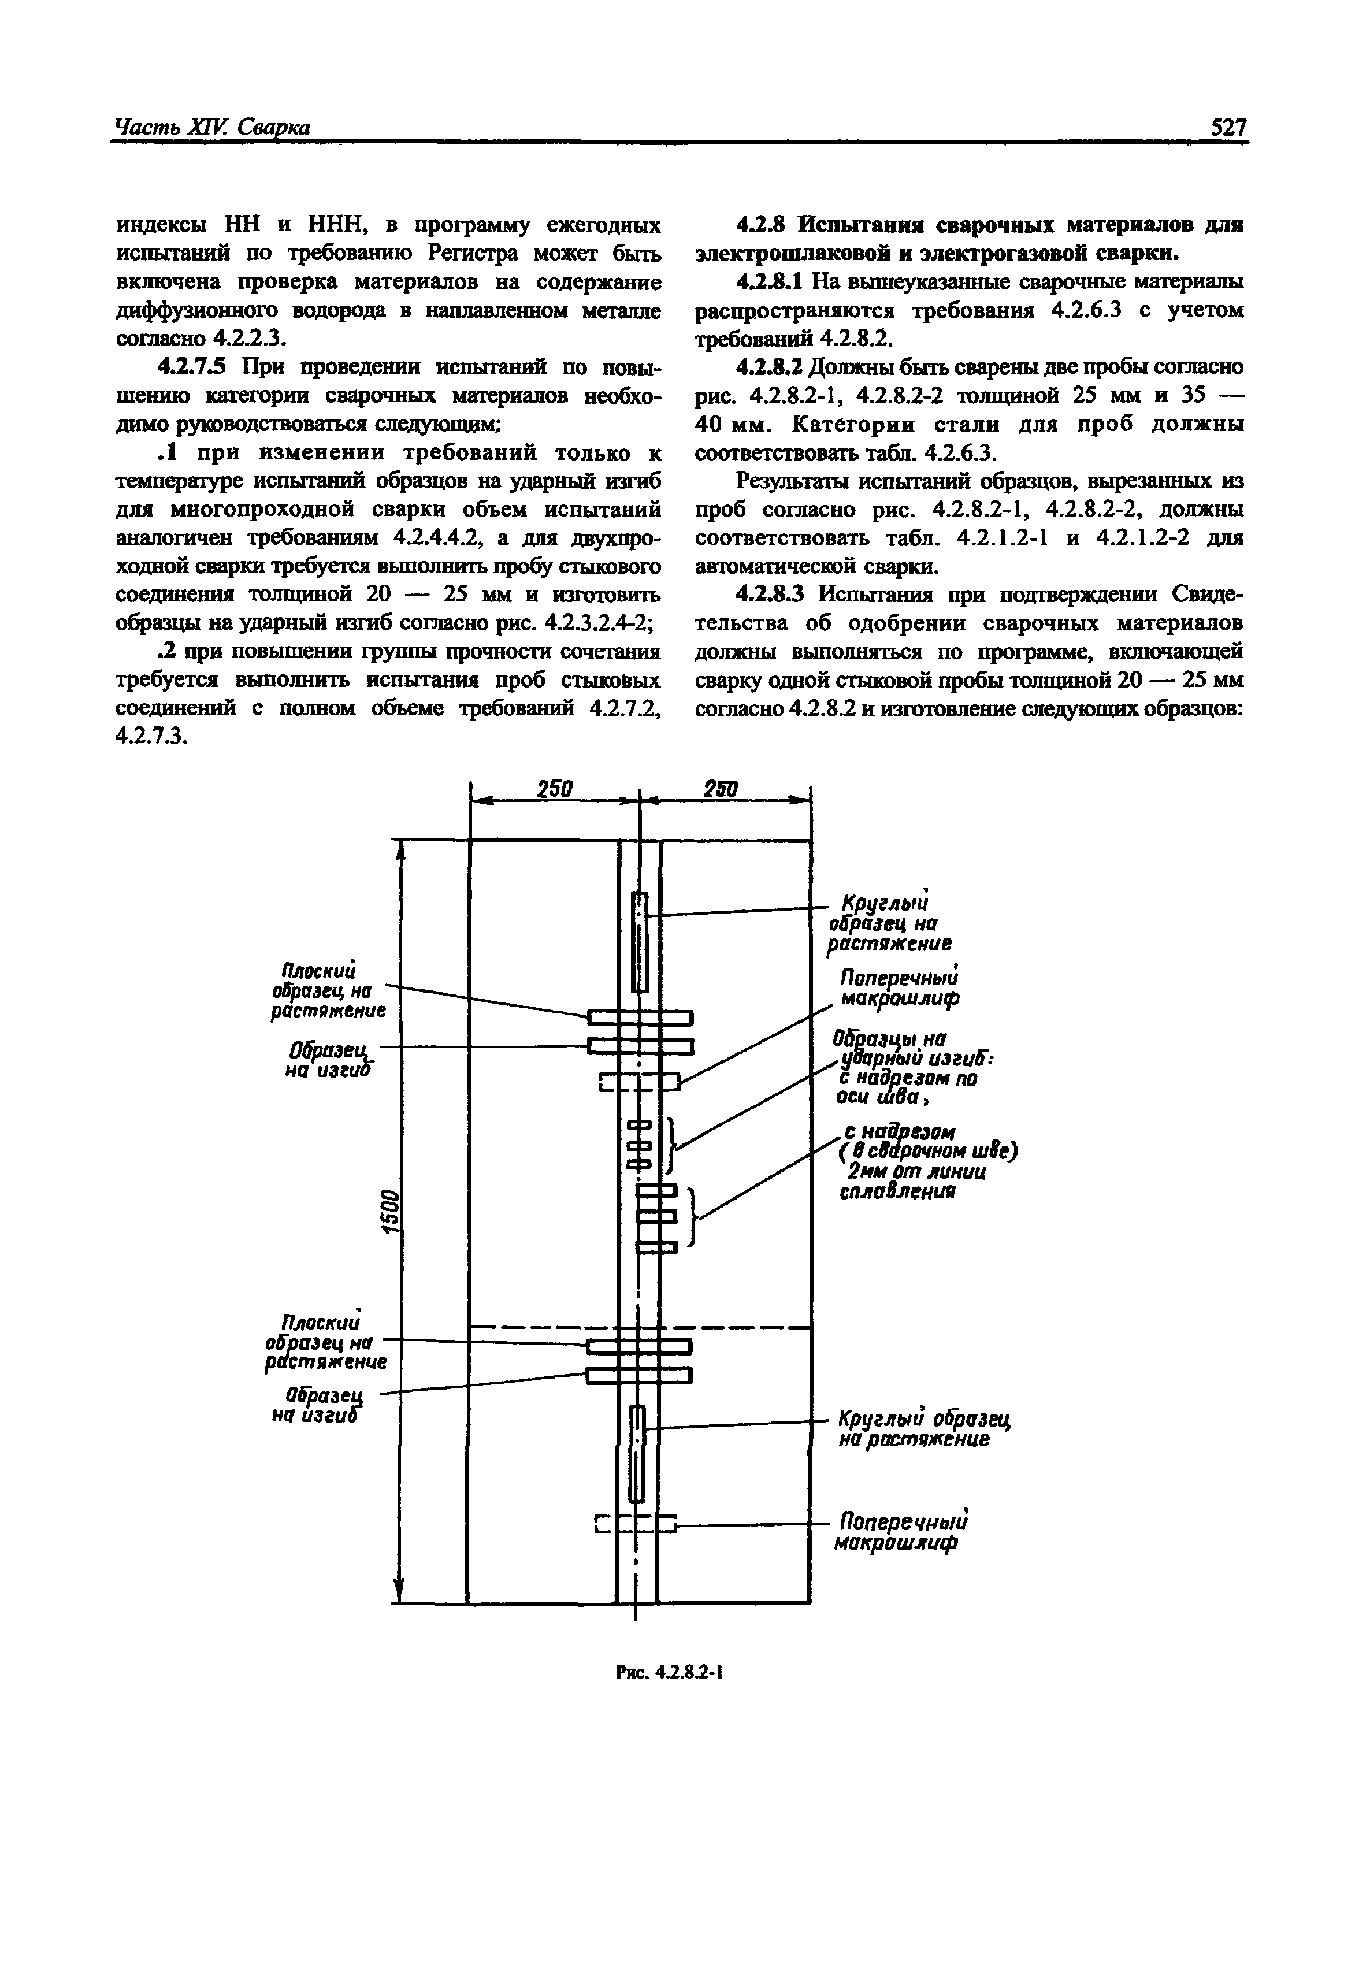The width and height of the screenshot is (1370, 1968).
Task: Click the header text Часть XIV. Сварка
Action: (211, 128)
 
